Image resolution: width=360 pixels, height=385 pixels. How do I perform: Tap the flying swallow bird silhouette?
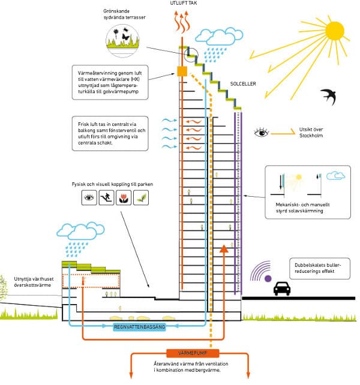pos(329,96)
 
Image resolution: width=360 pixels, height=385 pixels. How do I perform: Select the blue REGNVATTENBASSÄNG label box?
pos(140,327)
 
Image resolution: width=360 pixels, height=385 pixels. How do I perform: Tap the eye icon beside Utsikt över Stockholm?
pos(262,131)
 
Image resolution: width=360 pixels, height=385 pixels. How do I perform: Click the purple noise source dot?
pos(268,278)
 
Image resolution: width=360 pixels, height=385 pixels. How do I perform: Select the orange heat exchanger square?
pos(182,72)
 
